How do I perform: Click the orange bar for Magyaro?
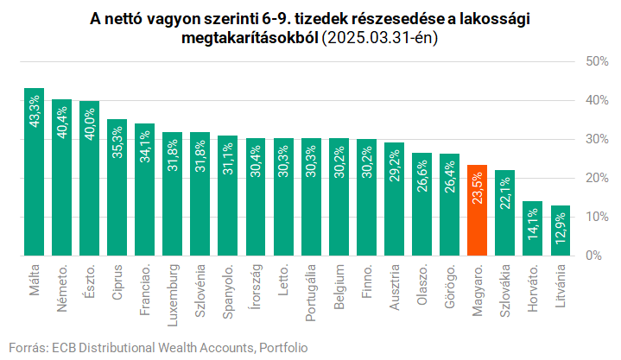(x=477, y=211)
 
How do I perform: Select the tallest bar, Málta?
(x=35, y=173)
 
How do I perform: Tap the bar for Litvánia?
(x=560, y=231)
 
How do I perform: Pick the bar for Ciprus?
(x=117, y=187)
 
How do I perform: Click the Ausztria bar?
(x=394, y=199)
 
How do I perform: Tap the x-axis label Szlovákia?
(x=504, y=293)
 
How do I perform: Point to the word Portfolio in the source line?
(x=282, y=347)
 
